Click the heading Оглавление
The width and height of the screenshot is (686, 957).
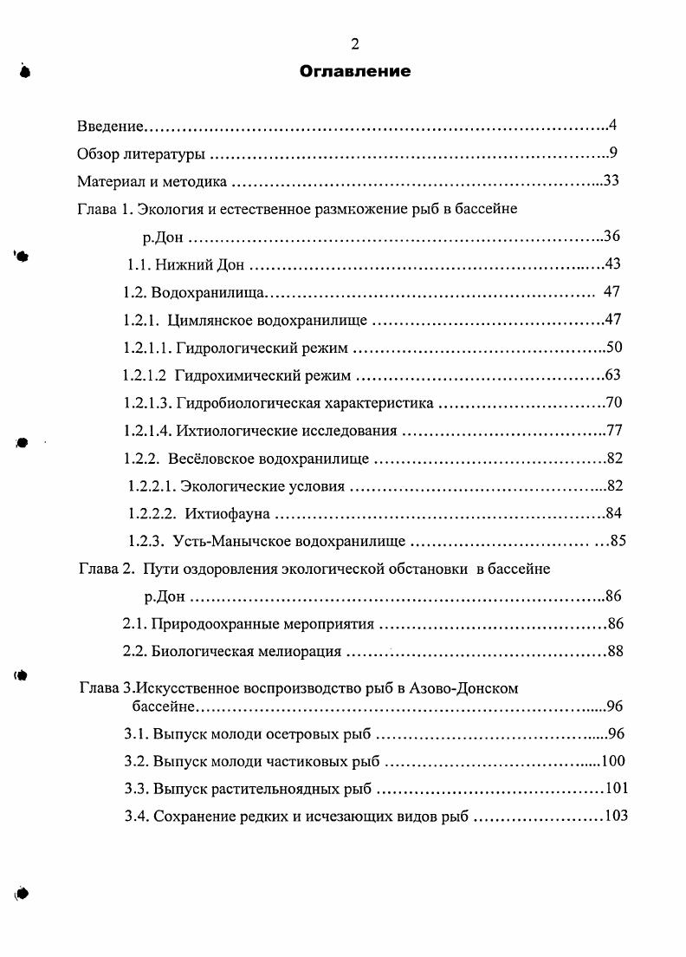[354, 71]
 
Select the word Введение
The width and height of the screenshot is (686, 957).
[109, 127]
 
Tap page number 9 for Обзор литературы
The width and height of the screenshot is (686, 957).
[612, 153]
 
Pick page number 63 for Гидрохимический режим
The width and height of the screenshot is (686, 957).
[614, 375]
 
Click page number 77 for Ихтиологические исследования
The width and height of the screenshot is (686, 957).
[615, 430]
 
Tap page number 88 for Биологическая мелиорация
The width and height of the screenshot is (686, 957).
[615, 651]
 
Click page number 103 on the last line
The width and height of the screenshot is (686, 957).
[615, 816]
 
